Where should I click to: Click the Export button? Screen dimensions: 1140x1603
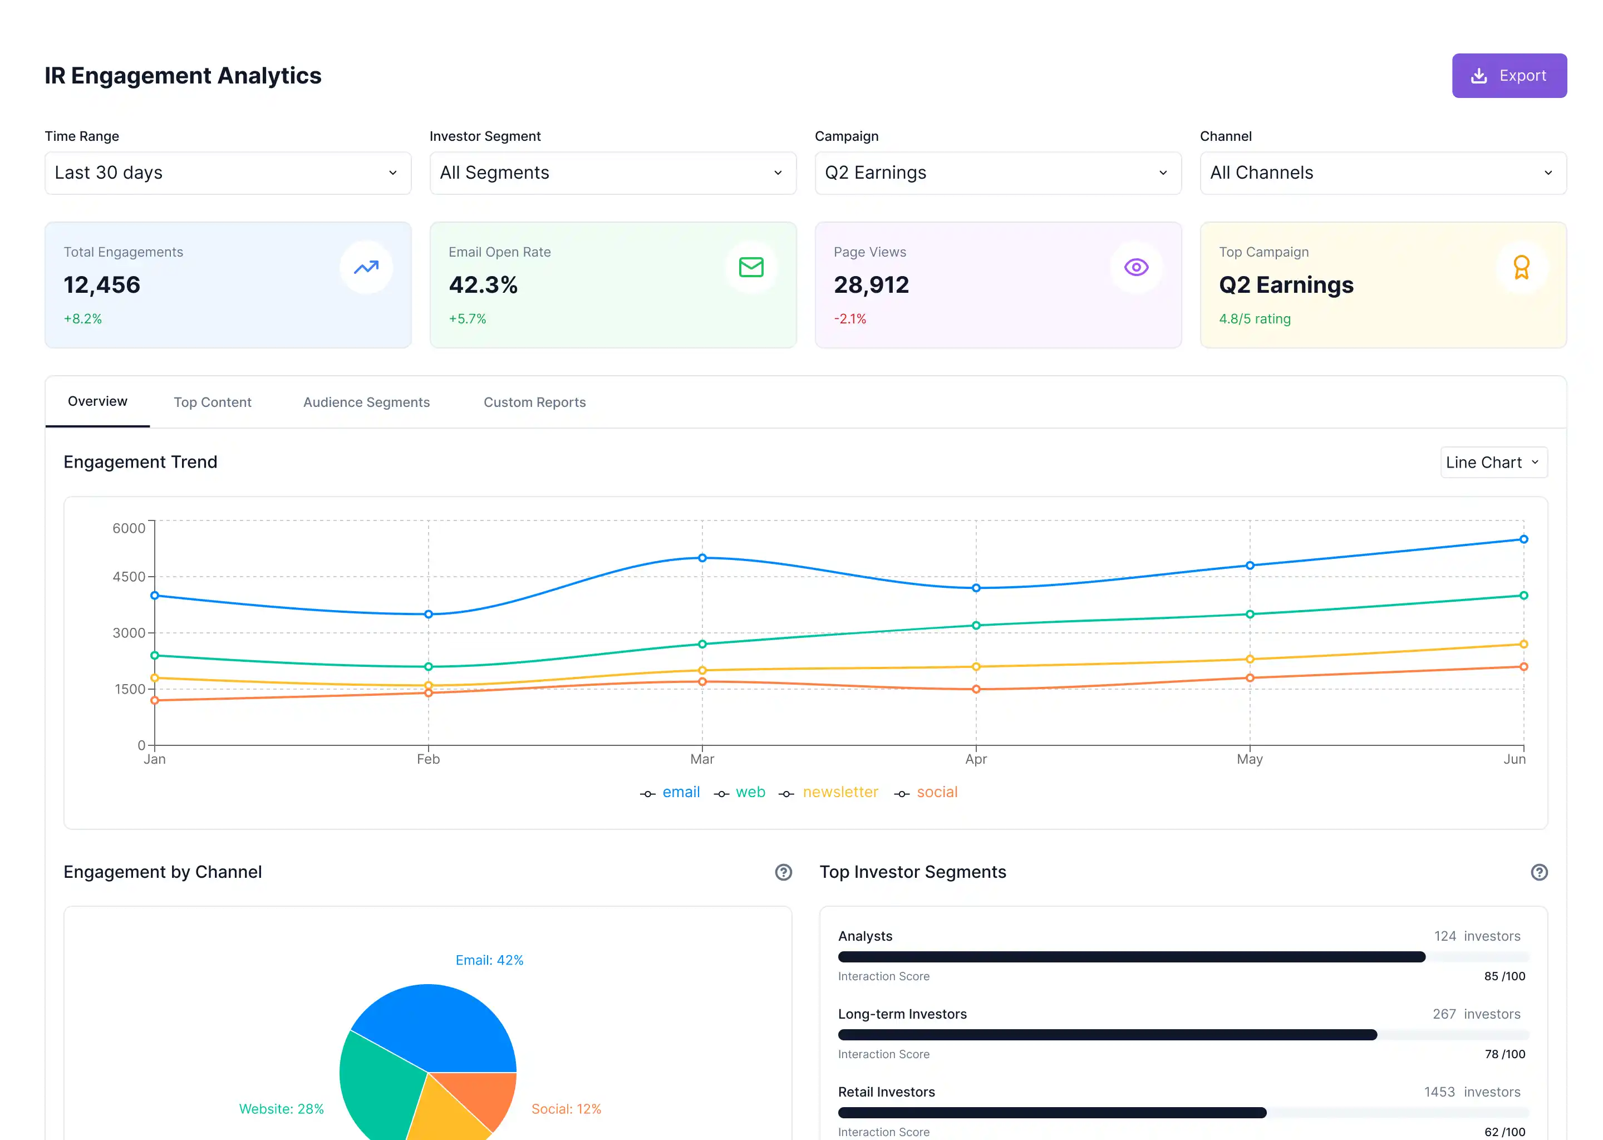(1508, 76)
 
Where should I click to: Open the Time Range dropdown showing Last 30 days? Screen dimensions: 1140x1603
(228, 173)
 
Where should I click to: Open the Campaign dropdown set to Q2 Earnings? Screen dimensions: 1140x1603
(997, 173)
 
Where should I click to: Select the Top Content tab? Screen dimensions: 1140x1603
(212, 402)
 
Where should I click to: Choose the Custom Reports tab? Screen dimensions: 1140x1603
(534, 402)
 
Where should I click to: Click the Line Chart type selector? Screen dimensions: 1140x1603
(1493, 463)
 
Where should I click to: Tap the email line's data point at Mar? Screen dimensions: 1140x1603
(702, 558)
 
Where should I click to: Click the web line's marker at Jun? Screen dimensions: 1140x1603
(1523, 595)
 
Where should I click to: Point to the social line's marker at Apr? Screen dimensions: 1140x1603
(976, 689)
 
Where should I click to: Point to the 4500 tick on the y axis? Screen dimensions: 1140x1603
(129, 577)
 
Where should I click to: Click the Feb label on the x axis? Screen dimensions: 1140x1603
(428, 759)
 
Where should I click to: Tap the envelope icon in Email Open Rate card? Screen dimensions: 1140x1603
(751, 267)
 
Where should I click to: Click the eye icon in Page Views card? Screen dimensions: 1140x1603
(1135, 267)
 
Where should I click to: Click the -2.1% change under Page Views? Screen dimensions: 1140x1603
(849, 319)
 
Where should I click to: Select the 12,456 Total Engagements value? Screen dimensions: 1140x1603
(102, 285)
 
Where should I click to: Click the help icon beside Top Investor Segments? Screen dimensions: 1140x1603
(1538, 873)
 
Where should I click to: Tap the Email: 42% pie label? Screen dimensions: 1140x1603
(489, 960)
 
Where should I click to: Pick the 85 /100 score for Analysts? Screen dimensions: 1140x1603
(1504, 976)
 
